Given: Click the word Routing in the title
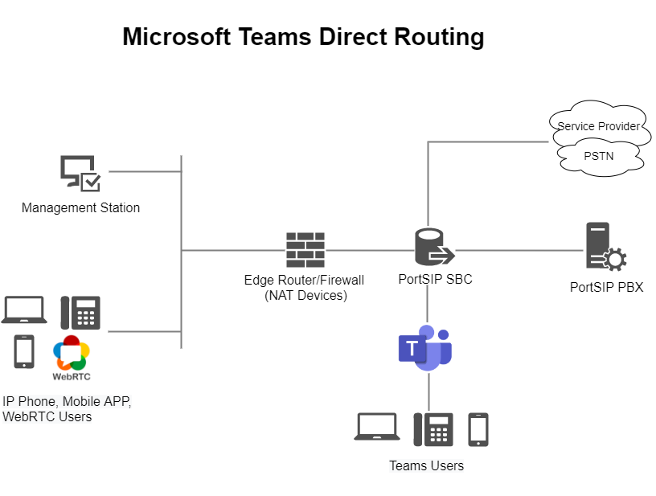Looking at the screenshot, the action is coord(439,38).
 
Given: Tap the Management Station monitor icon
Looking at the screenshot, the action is coord(80,174).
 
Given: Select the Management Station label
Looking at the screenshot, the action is coord(80,208).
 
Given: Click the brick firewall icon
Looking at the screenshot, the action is coord(305,250).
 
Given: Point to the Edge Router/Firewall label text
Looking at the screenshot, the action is coord(305,288).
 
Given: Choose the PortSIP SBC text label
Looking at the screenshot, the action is coord(435,280).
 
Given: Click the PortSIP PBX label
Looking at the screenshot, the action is coord(607,287).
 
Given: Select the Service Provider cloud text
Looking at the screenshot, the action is coord(598,126).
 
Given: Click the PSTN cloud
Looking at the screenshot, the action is coord(599,157).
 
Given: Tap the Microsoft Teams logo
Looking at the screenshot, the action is coord(425,348).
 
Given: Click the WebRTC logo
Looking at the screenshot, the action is coord(72,358).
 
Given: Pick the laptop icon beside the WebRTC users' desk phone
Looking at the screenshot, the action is coord(24,309).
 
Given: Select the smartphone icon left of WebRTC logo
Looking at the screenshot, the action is coord(24,351).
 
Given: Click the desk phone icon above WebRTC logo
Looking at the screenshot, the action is coord(80,313).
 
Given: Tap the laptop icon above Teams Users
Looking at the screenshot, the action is coord(377,427).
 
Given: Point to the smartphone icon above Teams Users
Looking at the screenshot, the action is coord(478,429).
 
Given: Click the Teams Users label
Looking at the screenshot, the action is coord(426,466).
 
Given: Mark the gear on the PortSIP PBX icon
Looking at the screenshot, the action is coord(615,260).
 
